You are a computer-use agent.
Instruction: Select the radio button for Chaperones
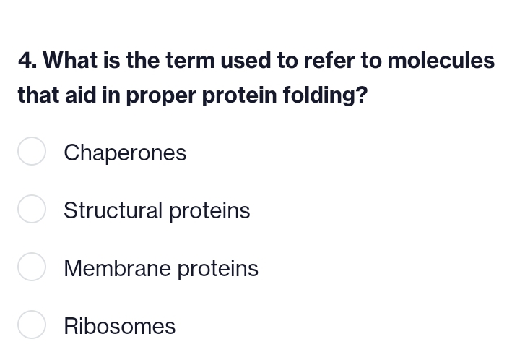(x=32, y=152)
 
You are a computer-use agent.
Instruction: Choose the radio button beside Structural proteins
(x=32, y=210)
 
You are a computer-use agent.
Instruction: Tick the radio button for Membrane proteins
(x=32, y=267)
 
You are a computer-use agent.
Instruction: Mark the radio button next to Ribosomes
(x=32, y=325)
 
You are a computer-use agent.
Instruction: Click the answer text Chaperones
(x=125, y=153)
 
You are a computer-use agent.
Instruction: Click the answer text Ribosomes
(x=119, y=326)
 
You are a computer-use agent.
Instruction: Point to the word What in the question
(x=71, y=61)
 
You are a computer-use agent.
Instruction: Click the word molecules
(x=441, y=61)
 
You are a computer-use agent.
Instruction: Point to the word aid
(x=81, y=95)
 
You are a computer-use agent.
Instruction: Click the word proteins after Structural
(x=209, y=210)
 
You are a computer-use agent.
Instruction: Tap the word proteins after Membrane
(x=218, y=268)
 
